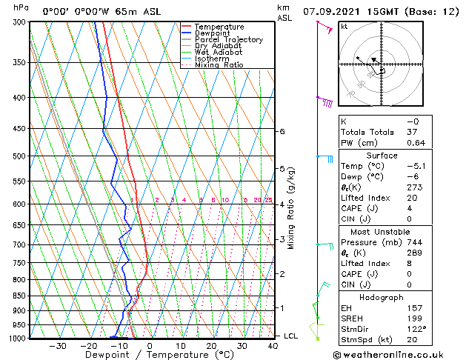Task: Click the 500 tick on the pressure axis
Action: coord(16,156)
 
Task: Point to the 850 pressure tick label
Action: coord(16,296)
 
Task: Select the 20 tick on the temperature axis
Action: coord(211,346)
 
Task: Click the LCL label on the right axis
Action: coord(291,336)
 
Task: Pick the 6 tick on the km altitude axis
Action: coord(282,131)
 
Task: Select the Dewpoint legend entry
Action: coord(213,33)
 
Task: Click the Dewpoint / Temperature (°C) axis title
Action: coord(150,356)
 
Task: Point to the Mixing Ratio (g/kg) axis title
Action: coord(291,208)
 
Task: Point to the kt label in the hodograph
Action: coord(344,27)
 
